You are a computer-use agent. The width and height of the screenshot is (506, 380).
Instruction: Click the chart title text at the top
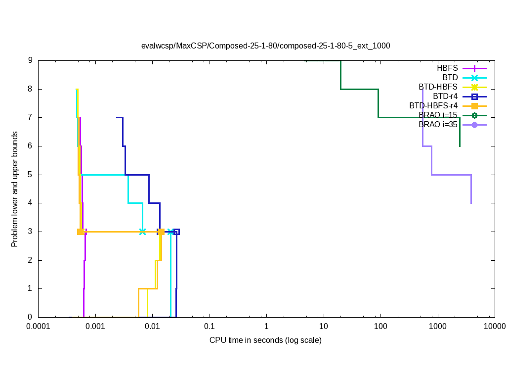click(x=265, y=46)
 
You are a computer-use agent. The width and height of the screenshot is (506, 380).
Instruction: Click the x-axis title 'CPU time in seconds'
click(x=265, y=340)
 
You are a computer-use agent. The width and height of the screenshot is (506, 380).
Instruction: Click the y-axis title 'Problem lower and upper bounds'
click(x=15, y=189)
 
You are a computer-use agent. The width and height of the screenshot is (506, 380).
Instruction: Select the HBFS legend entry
click(x=447, y=68)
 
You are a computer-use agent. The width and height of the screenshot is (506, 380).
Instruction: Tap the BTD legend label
click(x=450, y=77)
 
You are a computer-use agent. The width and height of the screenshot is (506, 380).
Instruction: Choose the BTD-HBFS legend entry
click(x=438, y=87)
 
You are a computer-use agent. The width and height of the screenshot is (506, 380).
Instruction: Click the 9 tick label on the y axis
click(x=30, y=60)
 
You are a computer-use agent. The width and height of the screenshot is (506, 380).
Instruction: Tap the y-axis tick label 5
click(x=30, y=175)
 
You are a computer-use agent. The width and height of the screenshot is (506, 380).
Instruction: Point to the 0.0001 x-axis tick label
click(x=38, y=327)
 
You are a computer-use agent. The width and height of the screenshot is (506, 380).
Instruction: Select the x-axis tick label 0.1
click(x=210, y=327)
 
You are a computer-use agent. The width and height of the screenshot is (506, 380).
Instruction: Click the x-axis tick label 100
click(x=380, y=327)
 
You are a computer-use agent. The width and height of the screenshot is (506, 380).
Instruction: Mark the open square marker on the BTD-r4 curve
click(x=176, y=232)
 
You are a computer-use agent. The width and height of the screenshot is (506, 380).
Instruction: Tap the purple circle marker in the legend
click(x=474, y=125)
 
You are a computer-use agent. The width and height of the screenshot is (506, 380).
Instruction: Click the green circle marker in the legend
click(x=474, y=115)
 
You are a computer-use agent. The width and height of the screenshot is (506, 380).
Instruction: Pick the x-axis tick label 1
click(x=266, y=327)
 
